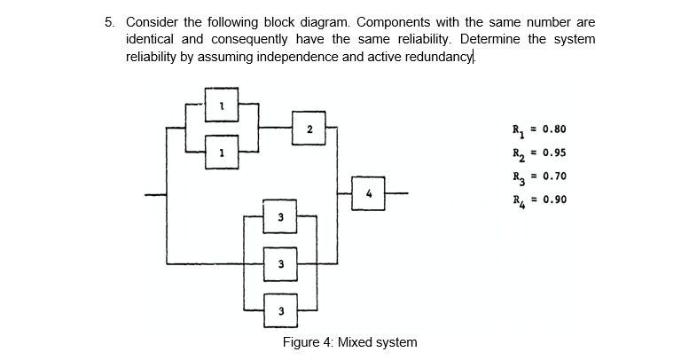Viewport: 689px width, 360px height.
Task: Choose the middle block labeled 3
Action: click(x=279, y=263)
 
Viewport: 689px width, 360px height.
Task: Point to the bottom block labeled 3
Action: click(x=279, y=309)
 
